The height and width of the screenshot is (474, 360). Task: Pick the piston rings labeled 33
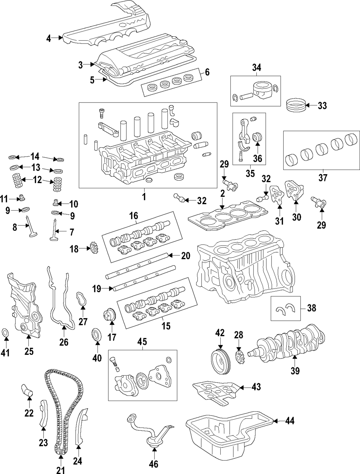(x=296, y=105)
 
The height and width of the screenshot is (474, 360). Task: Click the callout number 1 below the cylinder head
(x=144, y=197)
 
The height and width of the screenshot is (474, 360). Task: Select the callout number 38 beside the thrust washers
(x=311, y=308)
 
